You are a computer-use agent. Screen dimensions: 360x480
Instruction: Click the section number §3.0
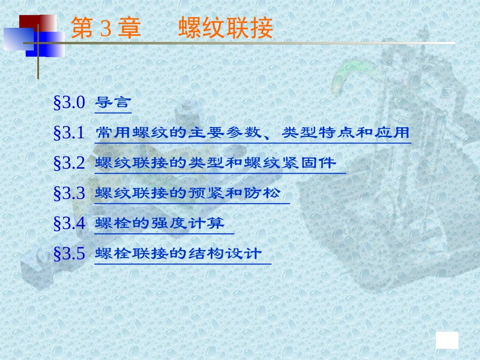[70, 104]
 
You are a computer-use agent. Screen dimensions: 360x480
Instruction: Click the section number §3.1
[70, 133]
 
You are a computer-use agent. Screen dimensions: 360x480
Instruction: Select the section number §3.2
[70, 163]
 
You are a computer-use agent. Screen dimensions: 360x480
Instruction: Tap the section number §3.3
[70, 193]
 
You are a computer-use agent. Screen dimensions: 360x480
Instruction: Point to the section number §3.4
[70, 223]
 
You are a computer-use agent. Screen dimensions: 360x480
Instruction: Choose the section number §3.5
[70, 253]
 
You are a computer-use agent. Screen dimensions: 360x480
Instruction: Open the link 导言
[113, 104]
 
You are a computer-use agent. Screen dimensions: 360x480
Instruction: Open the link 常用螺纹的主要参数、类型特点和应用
[252, 133]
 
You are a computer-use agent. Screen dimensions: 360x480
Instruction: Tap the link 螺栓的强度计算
[160, 223]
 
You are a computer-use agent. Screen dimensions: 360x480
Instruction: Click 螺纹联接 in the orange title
[225, 29]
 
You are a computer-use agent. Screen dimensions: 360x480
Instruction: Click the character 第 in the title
[82, 29]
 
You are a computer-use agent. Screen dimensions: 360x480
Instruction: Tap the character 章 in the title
[129, 29]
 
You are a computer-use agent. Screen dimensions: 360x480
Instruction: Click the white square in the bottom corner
[447, 340]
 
